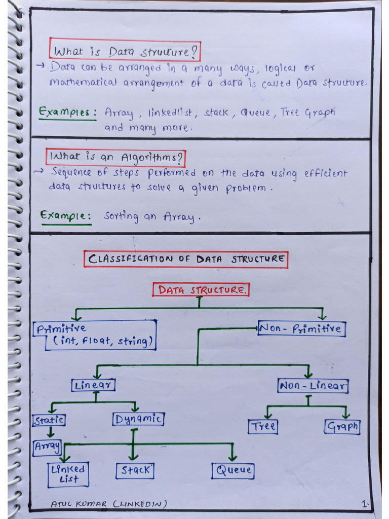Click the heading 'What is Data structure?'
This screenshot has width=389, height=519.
[125, 51]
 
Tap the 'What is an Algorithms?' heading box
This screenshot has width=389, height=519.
[116, 157]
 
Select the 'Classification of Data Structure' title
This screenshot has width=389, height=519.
[186, 259]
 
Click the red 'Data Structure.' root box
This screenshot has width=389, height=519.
[202, 290]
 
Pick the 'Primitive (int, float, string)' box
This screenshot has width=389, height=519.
[95, 335]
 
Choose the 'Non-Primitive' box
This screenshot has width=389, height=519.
[301, 329]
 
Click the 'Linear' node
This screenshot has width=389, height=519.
[94, 385]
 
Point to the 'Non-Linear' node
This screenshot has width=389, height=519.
[313, 386]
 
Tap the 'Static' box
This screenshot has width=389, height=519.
[49, 420]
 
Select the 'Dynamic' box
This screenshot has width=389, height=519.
[138, 419]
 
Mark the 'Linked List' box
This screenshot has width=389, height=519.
[68, 474]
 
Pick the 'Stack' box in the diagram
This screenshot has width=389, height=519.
[135, 470]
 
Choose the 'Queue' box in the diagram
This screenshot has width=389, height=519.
[233, 470]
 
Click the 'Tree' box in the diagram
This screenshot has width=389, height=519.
[263, 426]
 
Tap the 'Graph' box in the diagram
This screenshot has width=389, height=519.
[342, 426]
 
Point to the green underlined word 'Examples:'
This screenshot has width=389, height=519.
[68, 113]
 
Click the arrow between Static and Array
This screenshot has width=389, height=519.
[51, 432]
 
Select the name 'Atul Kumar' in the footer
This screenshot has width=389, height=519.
[80, 503]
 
